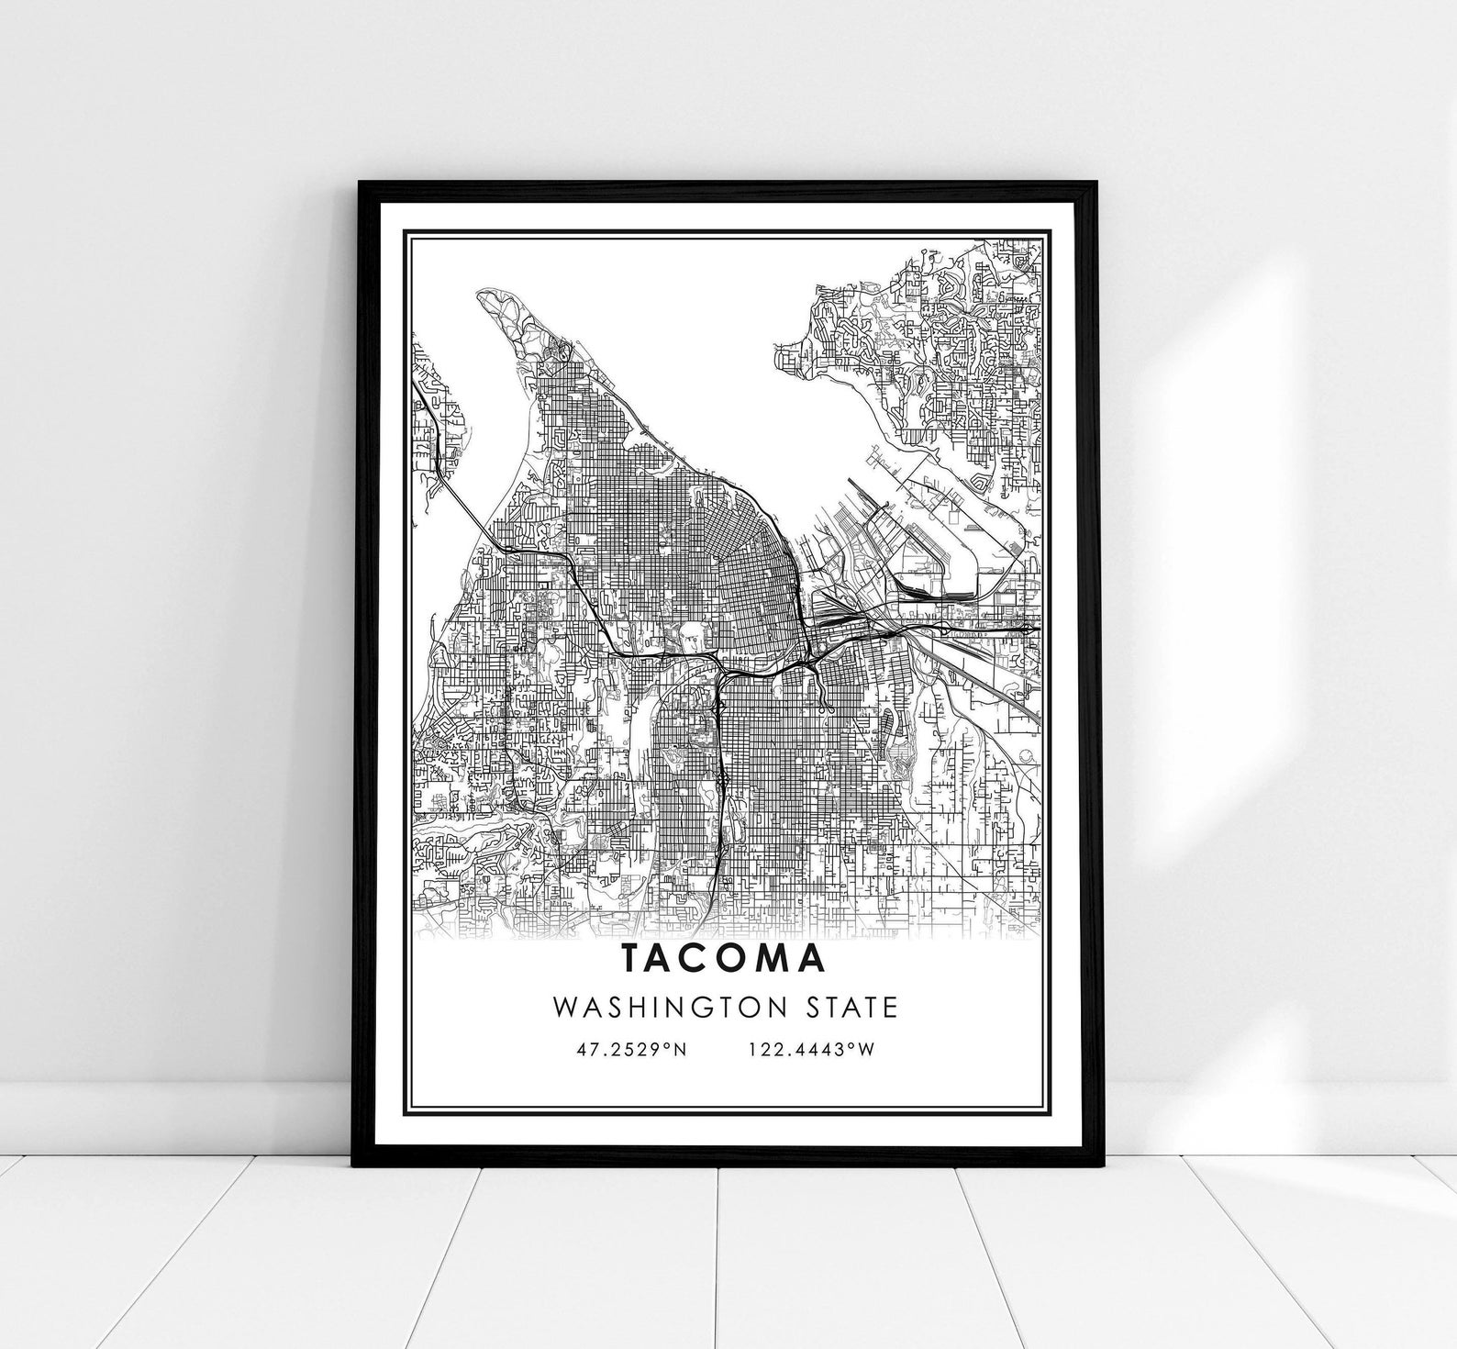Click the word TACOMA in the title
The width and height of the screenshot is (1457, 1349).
coord(724,957)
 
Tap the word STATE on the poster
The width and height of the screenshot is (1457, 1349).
coord(851,1008)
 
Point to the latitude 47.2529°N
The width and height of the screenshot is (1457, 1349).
coord(632,1049)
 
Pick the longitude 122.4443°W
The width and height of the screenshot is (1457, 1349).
coord(811,1049)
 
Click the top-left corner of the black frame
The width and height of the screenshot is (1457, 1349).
coord(359,183)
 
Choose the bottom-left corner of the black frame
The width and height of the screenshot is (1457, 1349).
coord(353,1165)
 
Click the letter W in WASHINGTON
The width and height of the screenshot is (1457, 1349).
coord(564,1008)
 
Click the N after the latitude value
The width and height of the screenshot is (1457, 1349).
coord(680,1049)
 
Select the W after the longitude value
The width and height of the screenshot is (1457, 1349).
coord(866,1049)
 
